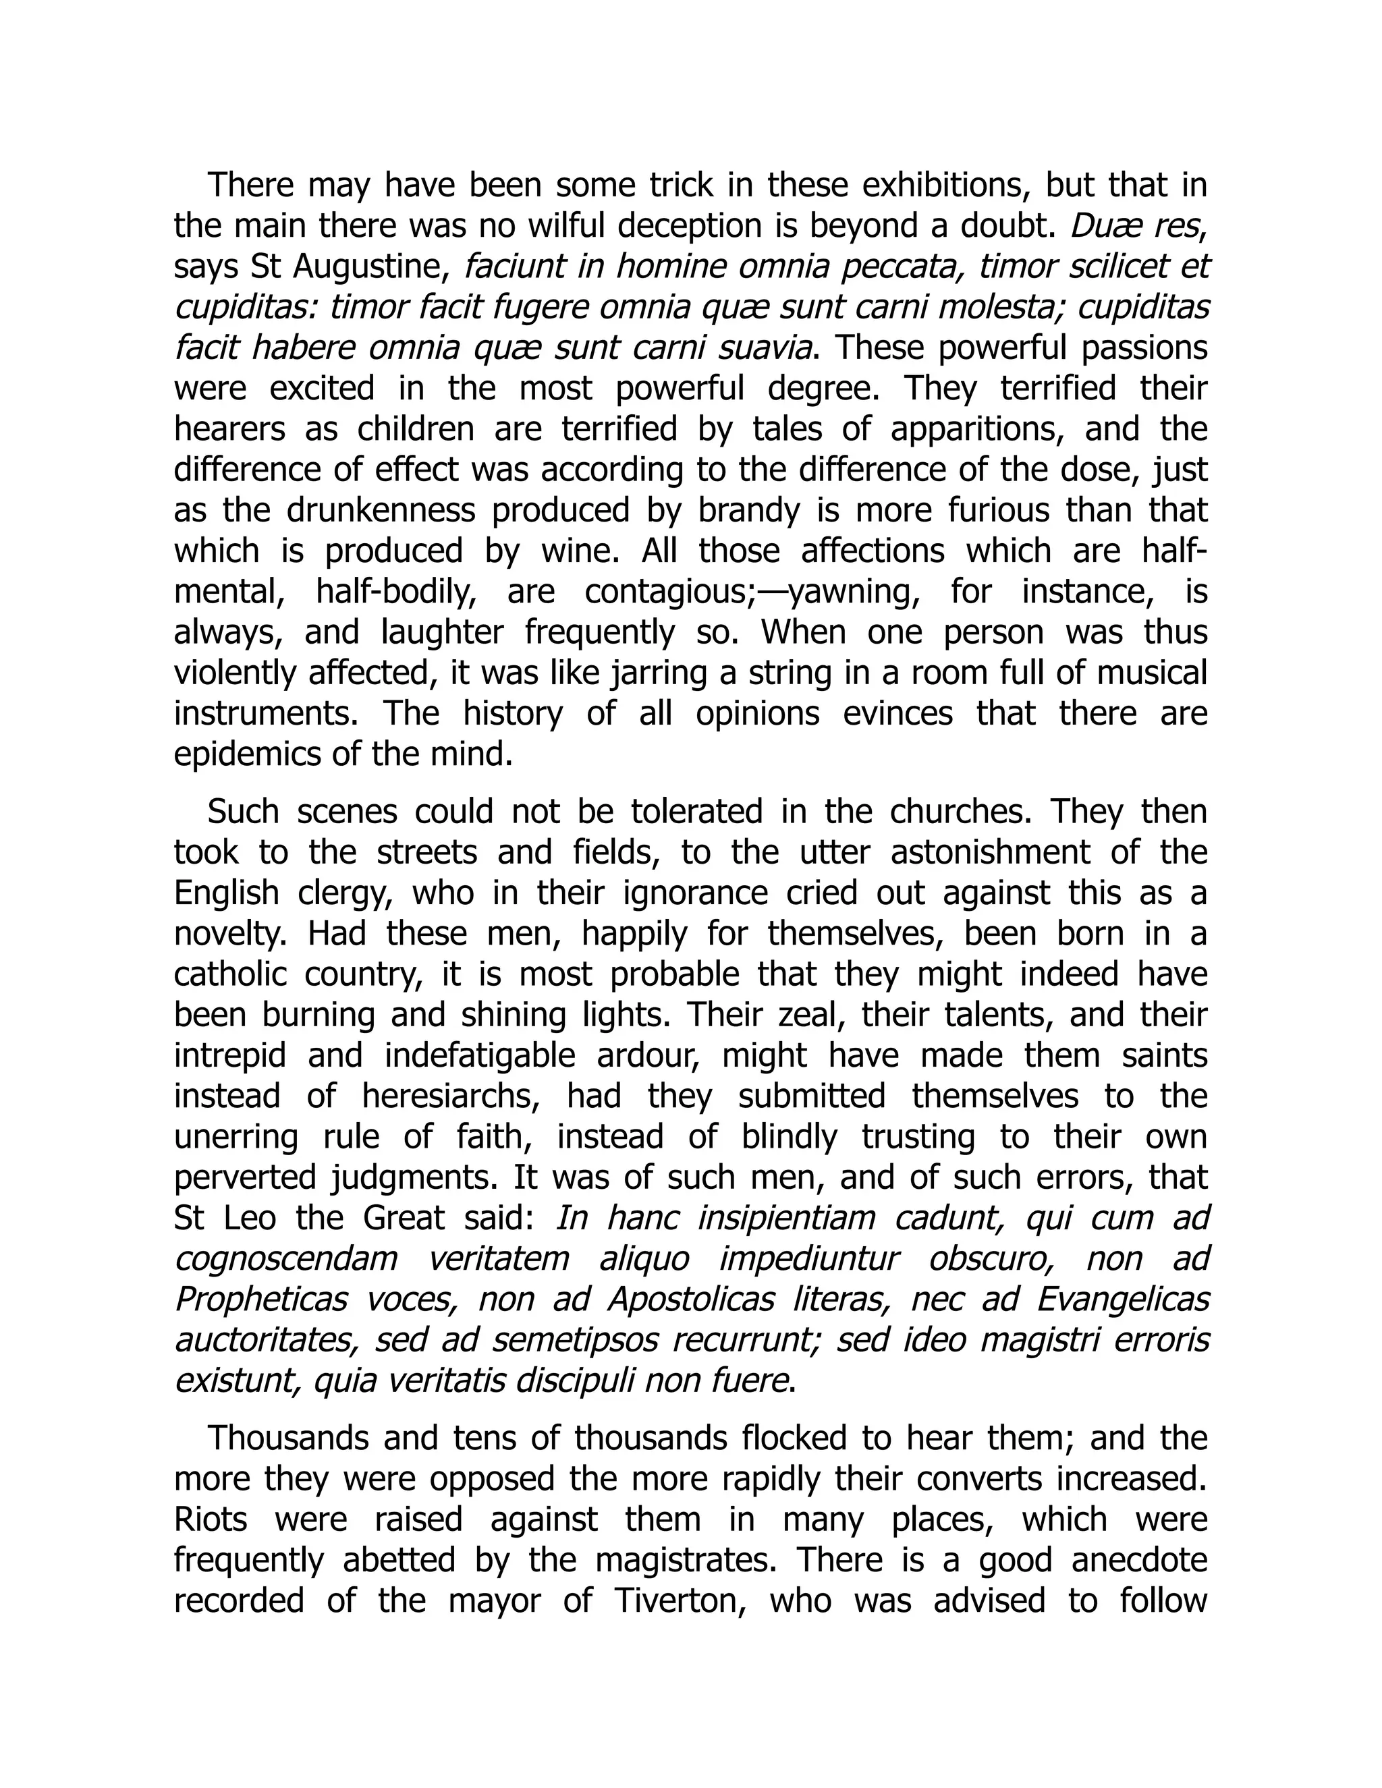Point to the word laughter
tap(442, 633)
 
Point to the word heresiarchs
tap(450, 1096)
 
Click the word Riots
tap(211, 1519)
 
